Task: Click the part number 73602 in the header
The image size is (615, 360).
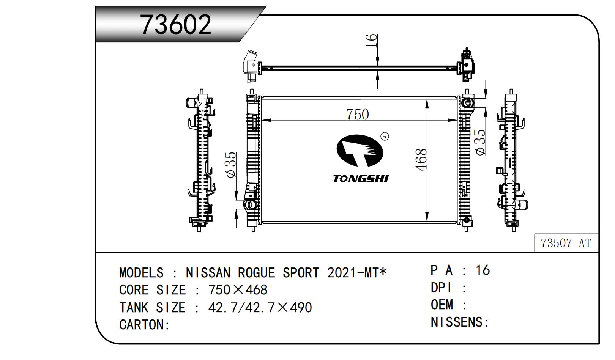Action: click(x=176, y=25)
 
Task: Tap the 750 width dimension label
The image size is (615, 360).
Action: click(x=357, y=115)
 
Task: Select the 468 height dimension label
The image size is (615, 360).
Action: click(x=421, y=160)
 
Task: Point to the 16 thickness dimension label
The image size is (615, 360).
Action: click(x=372, y=41)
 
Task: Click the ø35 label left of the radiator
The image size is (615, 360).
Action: click(x=231, y=164)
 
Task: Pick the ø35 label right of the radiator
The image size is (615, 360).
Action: click(x=481, y=142)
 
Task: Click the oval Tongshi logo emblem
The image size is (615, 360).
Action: click(x=360, y=151)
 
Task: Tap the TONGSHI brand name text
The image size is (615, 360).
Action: click(x=361, y=179)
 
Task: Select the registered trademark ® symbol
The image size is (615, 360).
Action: click(x=385, y=136)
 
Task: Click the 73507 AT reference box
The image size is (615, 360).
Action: click(x=566, y=243)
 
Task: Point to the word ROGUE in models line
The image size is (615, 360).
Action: click(x=256, y=273)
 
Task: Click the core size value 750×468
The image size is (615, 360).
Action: click(x=238, y=290)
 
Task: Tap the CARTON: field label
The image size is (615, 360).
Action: click(x=144, y=325)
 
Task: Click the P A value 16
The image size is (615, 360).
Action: click(x=483, y=270)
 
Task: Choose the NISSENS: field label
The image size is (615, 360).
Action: click(x=460, y=322)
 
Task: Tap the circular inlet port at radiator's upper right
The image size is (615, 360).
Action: click(x=467, y=103)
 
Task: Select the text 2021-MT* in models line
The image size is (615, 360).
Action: click(x=357, y=273)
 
